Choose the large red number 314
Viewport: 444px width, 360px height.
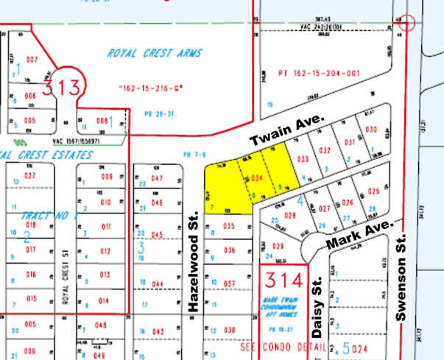pos(283,280)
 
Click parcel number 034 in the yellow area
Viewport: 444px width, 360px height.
pos(257,179)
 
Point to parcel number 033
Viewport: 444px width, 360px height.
pos(302,158)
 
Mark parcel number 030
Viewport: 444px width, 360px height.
pos(371,130)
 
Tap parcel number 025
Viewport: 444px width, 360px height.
pos(373,191)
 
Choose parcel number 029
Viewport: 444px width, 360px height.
pos(278,246)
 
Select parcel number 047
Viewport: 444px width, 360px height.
pos(157,179)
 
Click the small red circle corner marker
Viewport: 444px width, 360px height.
pos(406,22)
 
